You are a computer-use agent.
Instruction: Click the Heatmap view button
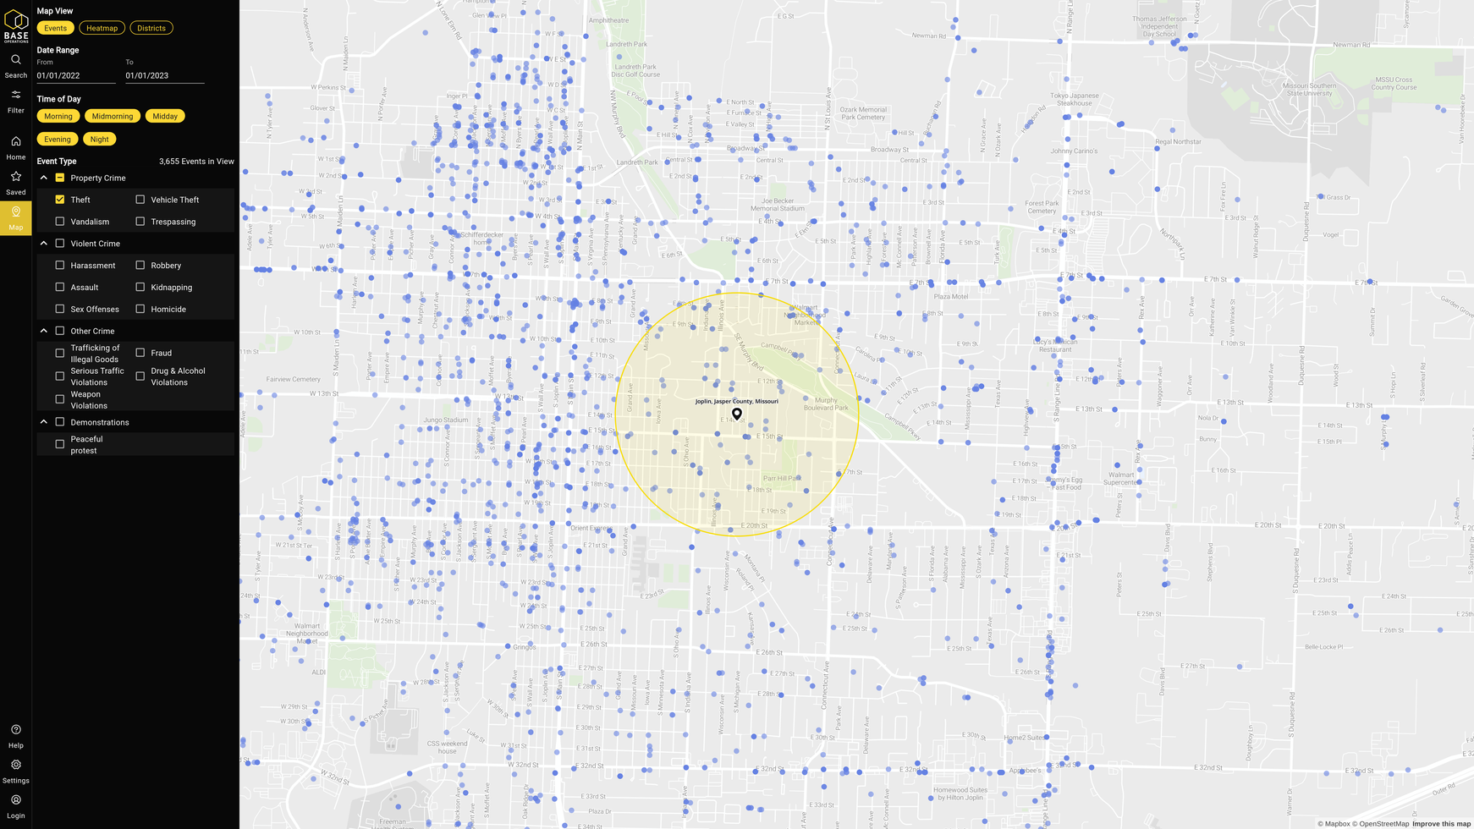coord(102,28)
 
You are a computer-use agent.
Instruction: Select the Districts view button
coord(151,28)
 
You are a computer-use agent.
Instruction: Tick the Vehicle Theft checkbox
coord(140,200)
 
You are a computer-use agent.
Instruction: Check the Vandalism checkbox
coord(60,222)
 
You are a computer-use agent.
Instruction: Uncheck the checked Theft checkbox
coord(60,200)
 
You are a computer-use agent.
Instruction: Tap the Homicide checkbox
coord(140,309)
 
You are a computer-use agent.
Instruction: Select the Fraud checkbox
coord(140,353)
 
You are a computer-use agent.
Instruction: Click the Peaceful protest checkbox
coord(60,444)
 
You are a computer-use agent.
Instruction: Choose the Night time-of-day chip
coord(100,139)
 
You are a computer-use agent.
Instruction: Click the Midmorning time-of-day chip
coord(113,116)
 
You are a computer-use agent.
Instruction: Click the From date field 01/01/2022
coord(75,75)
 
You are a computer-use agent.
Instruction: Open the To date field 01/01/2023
coord(164,75)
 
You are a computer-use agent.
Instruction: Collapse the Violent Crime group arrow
coord(44,244)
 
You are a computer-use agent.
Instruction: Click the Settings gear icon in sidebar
coord(16,765)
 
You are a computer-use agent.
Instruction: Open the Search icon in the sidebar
coord(16,60)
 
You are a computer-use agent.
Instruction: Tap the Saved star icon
coord(16,177)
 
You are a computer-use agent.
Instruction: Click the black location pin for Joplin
coord(737,414)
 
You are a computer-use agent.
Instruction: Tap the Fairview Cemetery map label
coord(294,379)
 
